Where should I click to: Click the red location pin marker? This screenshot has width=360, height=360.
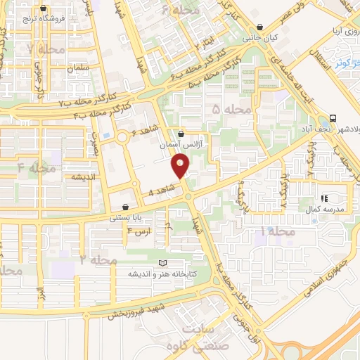tap(181, 166)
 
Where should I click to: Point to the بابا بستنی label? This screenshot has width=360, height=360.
tap(126, 218)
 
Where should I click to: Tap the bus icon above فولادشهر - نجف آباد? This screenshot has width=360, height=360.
tap(332, 118)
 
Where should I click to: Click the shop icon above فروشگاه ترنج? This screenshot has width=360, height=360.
tap(44, 8)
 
